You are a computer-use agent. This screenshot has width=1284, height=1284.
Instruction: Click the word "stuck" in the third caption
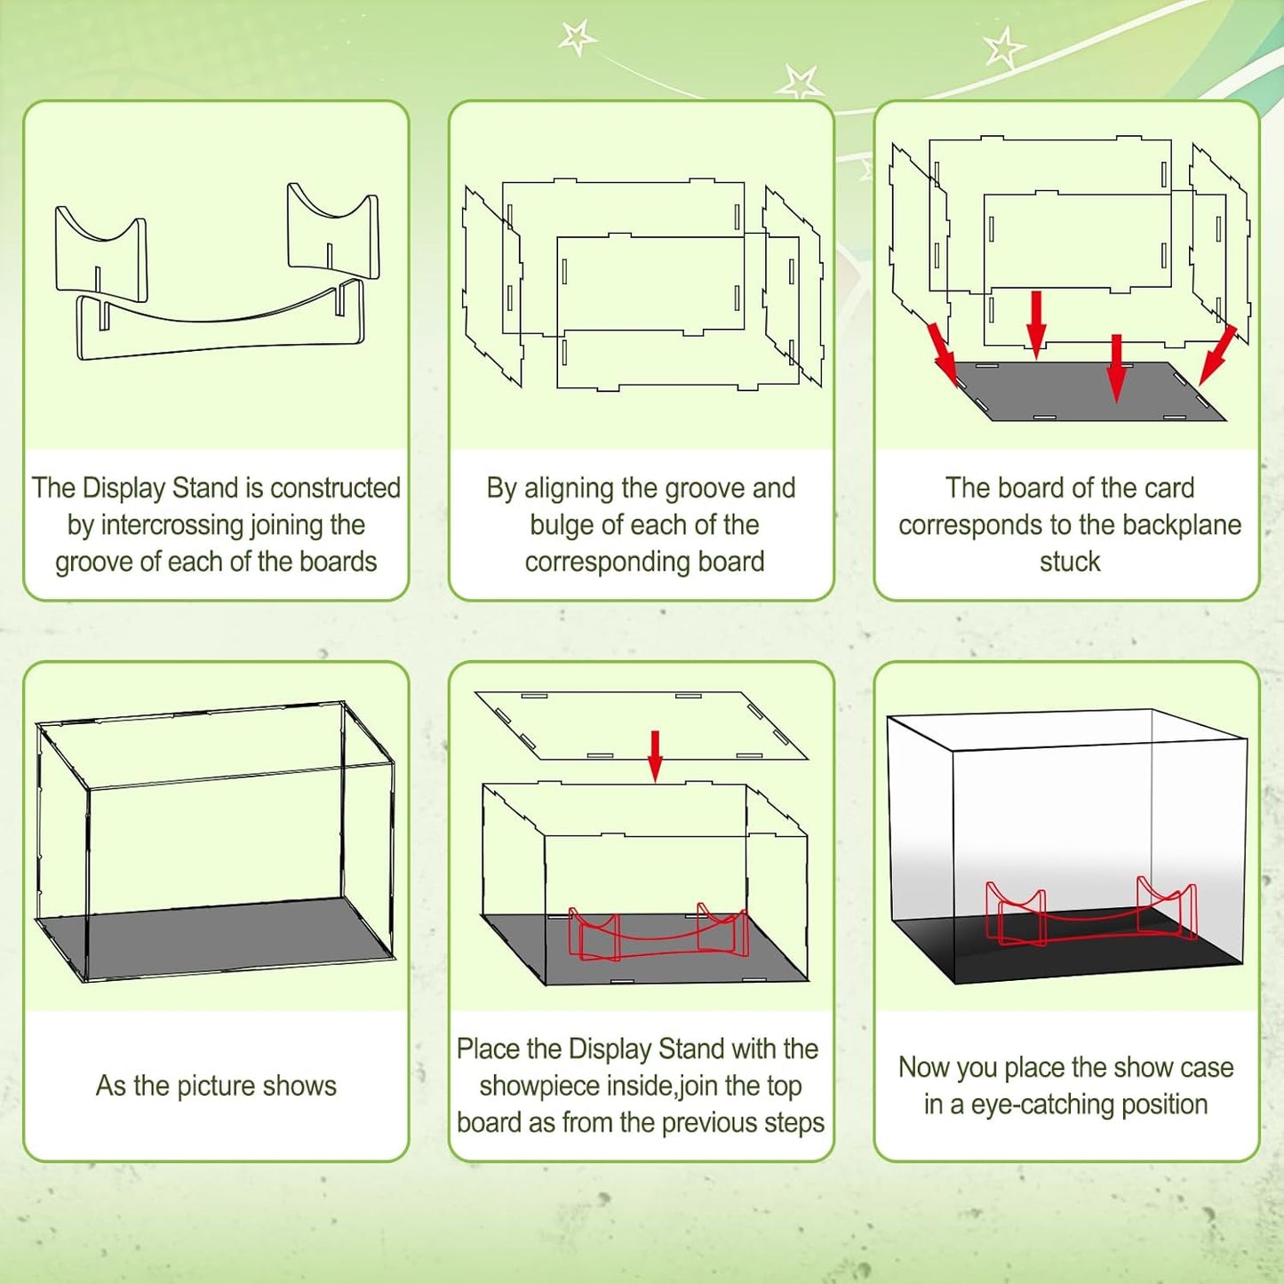(x=1070, y=561)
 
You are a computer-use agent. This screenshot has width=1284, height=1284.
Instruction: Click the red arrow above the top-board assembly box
(x=655, y=755)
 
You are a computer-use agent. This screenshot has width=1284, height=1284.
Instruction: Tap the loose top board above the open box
(x=641, y=725)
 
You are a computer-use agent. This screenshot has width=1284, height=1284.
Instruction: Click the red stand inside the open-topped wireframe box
(x=658, y=937)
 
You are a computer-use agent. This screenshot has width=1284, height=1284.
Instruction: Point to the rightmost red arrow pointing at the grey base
(x=1218, y=355)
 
